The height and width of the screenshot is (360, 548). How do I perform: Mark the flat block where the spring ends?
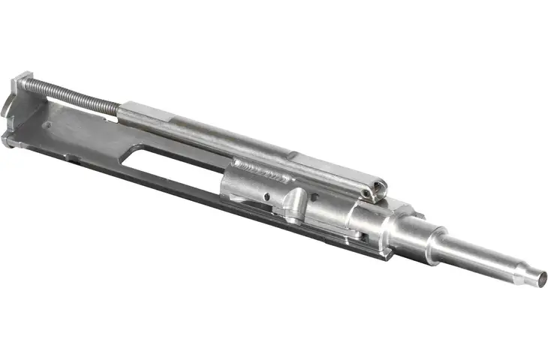tap(143, 109)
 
